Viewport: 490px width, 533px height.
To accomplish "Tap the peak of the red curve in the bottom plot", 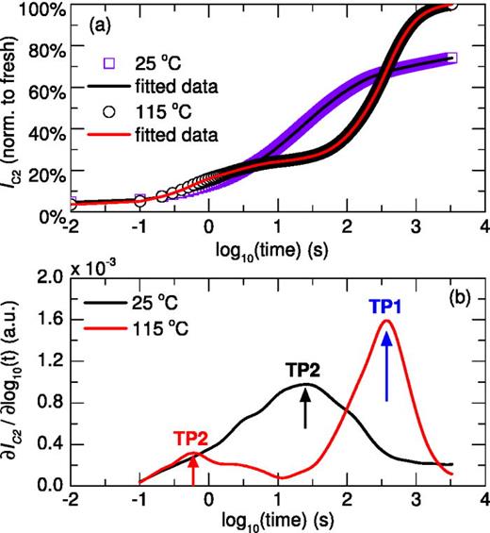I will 386,321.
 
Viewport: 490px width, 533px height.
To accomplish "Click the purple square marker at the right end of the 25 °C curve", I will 450,58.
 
